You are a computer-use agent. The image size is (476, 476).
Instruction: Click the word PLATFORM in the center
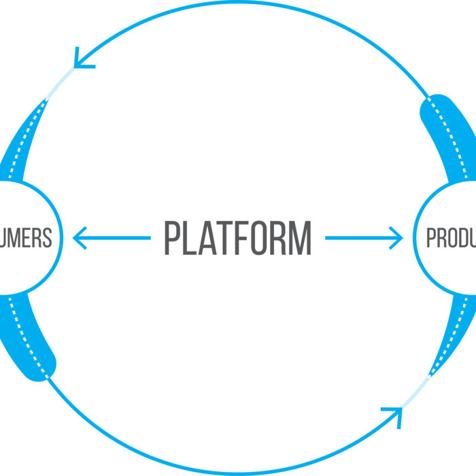[x=237, y=238]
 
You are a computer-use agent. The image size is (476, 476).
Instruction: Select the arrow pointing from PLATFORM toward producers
[x=364, y=238]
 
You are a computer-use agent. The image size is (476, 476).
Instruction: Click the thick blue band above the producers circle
[x=449, y=136]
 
